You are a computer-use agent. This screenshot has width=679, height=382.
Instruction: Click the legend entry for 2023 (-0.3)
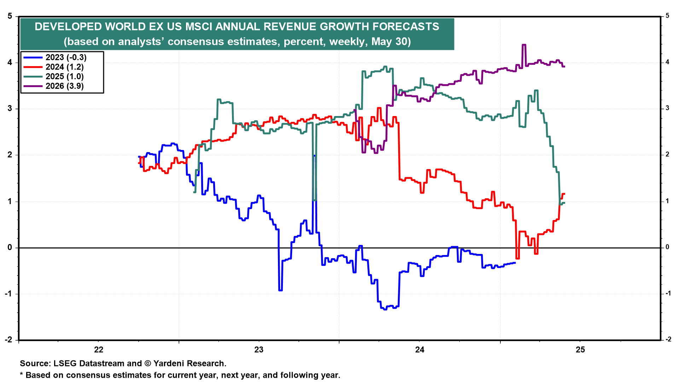click(x=66, y=58)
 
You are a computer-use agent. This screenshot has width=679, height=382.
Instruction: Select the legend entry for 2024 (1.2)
click(x=64, y=67)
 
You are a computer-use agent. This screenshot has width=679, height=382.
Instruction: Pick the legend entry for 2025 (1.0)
click(x=64, y=77)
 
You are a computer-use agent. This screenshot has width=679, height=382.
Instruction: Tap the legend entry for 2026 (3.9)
click(x=64, y=86)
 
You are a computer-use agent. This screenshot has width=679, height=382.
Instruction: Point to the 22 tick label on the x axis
click(x=99, y=350)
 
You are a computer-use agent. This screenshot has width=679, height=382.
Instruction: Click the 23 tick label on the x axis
click(x=259, y=350)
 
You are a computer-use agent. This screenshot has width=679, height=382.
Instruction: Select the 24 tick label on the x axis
click(x=420, y=350)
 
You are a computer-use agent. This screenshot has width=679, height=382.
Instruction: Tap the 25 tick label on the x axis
click(x=580, y=350)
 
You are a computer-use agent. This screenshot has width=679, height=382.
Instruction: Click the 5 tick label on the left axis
click(x=10, y=16)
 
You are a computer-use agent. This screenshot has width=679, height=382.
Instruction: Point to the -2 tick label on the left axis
click(x=8, y=340)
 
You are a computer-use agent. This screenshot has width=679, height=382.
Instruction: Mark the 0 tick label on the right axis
click(x=667, y=247)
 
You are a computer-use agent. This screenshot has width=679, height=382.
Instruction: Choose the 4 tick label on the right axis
click(x=667, y=62)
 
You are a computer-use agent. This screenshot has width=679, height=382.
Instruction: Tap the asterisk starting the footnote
click(x=22, y=375)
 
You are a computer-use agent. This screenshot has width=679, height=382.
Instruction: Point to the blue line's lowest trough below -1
click(x=385, y=309)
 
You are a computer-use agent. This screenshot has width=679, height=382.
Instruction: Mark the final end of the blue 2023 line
click(x=515, y=263)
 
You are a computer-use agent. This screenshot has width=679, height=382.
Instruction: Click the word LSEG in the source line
click(x=64, y=364)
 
